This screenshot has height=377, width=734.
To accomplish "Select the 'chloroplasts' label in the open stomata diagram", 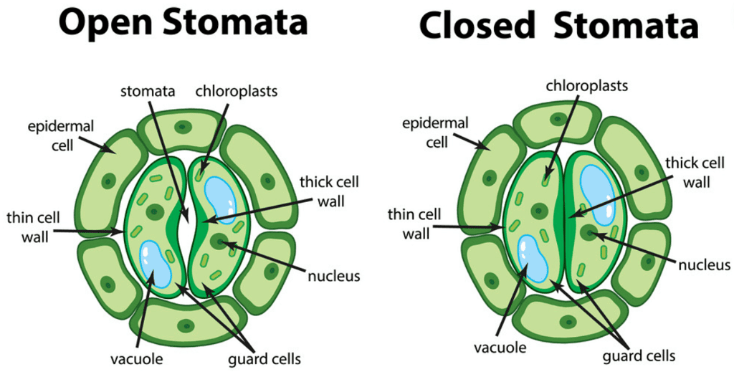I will pos(237,92).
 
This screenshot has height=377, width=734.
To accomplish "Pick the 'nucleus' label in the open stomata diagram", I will pos(333,275).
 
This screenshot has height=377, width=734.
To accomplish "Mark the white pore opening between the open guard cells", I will pos(184,215).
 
